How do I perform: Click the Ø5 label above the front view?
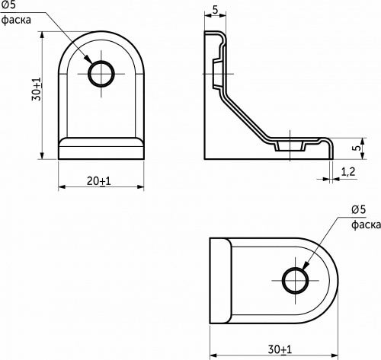(11, 6)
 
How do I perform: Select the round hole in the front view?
(101, 74)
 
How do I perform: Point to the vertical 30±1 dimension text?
(36, 95)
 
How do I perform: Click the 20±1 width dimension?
(100, 181)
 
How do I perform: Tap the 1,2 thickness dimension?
(350, 173)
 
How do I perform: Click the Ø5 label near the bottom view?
(360, 210)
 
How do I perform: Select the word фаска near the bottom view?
(364, 225)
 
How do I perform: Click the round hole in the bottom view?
(296, 280)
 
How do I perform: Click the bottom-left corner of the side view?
(205, 158)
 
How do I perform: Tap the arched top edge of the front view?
(101, 33)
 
